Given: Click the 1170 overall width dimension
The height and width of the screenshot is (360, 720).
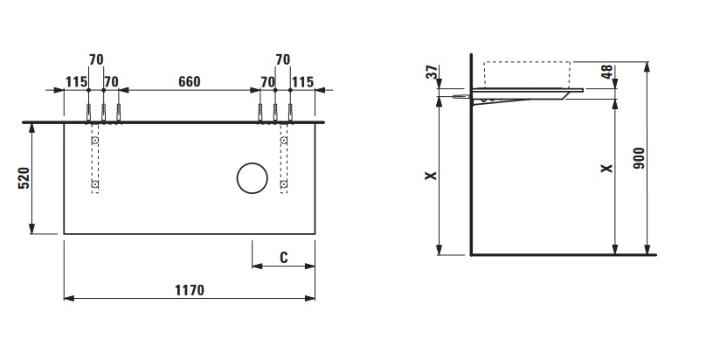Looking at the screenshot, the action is click(190, 291).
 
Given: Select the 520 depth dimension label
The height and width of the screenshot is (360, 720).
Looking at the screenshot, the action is click(24, 178).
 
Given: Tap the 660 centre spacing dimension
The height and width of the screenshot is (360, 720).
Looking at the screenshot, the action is click(190, 82).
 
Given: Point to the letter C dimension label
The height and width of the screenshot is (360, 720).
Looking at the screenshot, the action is click(284, 258).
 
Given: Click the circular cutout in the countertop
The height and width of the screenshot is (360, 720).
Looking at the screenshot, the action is click(253, 178).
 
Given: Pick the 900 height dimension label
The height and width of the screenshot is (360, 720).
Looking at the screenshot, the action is click(639, 158).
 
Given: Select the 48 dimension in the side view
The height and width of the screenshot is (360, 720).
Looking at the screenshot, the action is click(607, 72).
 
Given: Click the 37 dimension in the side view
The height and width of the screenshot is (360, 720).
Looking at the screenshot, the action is click(433, 72).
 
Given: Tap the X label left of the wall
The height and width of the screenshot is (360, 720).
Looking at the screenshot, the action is click(431, 176).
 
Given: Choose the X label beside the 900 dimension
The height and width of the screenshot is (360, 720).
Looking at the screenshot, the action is click(607, 169).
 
